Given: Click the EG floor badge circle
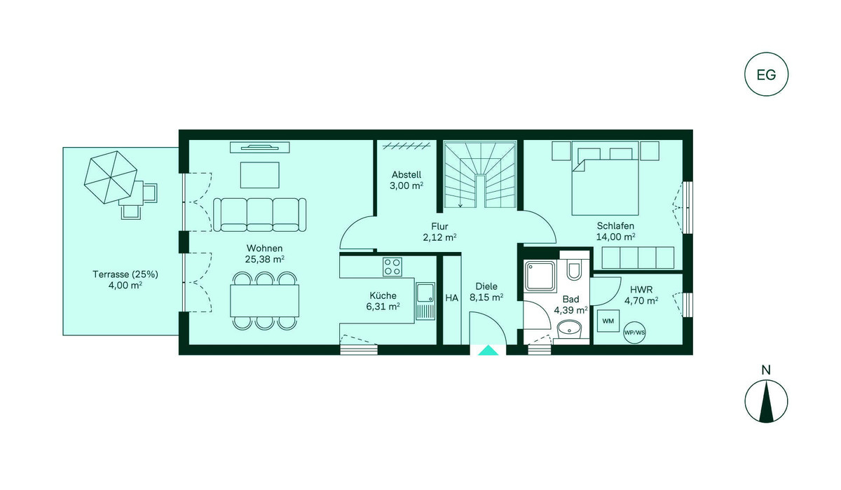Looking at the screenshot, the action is tap(766, 74).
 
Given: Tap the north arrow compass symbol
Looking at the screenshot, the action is tap(766, 402).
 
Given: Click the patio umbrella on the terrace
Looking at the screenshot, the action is tap(111, 177).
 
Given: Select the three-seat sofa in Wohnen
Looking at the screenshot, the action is tap(259, 215).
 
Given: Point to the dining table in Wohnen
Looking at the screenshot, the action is tap(265, 301).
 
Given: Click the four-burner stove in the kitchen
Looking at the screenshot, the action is tap(392, 267).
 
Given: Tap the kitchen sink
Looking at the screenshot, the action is tap(425, 301).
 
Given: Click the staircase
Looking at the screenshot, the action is tap(480, 174).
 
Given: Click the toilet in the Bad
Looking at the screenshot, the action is tap(574, 269).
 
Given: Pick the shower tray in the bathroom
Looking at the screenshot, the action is tap(540, 276).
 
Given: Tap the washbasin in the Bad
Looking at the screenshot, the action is tap(570, 330).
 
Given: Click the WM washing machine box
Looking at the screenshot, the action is tap(608, 321).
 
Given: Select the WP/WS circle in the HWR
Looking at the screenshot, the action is tap(634, 332).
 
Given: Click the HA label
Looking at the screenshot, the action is tap(451, 298).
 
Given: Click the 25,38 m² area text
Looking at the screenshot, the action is tap(264, 259).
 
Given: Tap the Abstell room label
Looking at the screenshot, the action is tap(406, 175).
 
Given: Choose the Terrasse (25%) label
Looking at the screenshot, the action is tap(125, 274).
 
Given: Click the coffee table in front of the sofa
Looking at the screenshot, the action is tap(260, 175).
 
